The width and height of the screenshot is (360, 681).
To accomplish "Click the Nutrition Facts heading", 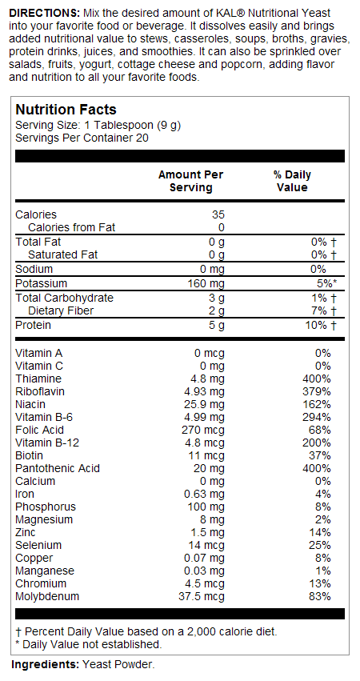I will (x=66, y=110).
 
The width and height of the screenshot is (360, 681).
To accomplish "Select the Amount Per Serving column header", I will (x=190, y=181).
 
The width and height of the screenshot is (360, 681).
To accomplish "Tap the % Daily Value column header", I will (x=292, y=181).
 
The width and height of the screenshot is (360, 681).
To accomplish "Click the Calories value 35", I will (x=218, y=214).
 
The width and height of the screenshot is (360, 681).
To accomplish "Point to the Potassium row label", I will (x=42, y=283).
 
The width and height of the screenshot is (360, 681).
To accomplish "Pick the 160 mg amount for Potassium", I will (x=207, y=283).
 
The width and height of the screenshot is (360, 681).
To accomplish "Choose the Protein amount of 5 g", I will (x=217, y=325).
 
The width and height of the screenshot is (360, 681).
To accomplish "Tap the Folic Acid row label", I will (x=39, y=430).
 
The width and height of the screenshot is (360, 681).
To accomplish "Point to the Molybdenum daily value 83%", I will (x=320, y=596).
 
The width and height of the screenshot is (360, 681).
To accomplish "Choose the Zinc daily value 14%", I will (x=320, y=532).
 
